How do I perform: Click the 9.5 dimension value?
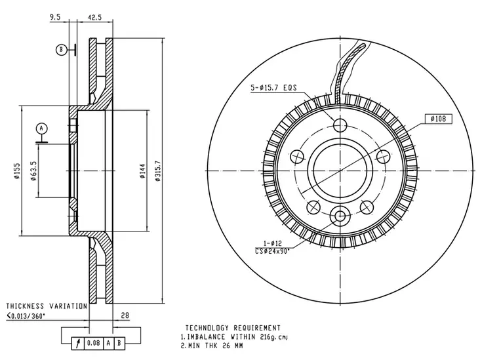coord(55,17)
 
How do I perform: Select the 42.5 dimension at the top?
coord(94,18)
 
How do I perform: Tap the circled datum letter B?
coord(61,50)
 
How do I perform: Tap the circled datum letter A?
coord(41,129)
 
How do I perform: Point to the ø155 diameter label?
coord(16,170)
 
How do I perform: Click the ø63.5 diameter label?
coord(33,170)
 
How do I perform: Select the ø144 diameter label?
coord(143,171)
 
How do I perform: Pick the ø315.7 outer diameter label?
coord(157,171)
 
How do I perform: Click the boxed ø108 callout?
coord(439,119)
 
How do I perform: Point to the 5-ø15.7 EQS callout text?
coord(273,88)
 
